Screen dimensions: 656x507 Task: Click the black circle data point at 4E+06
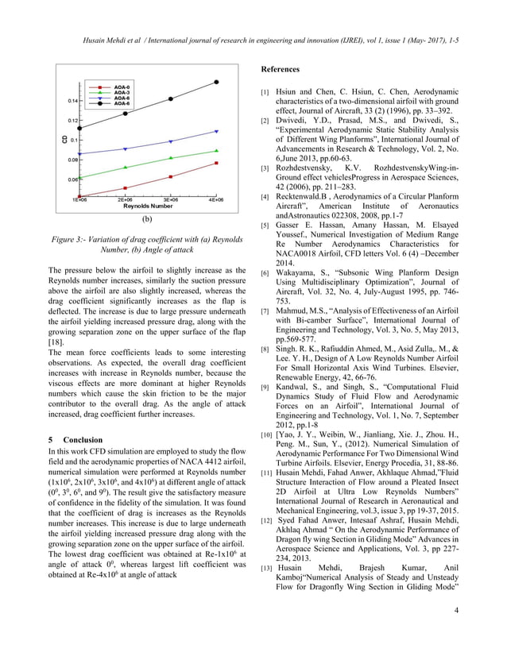pyautogui.click(x=217, y=82)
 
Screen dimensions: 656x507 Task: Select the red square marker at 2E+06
pyautogui.click(x=125, y=188)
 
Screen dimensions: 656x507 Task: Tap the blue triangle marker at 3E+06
pyautogui.click(x=171, y=141)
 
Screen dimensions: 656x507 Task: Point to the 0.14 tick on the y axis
pyautogui.click(x=72, y=101)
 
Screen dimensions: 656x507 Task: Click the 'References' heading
pyautogui.click(x=283, y=69)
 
